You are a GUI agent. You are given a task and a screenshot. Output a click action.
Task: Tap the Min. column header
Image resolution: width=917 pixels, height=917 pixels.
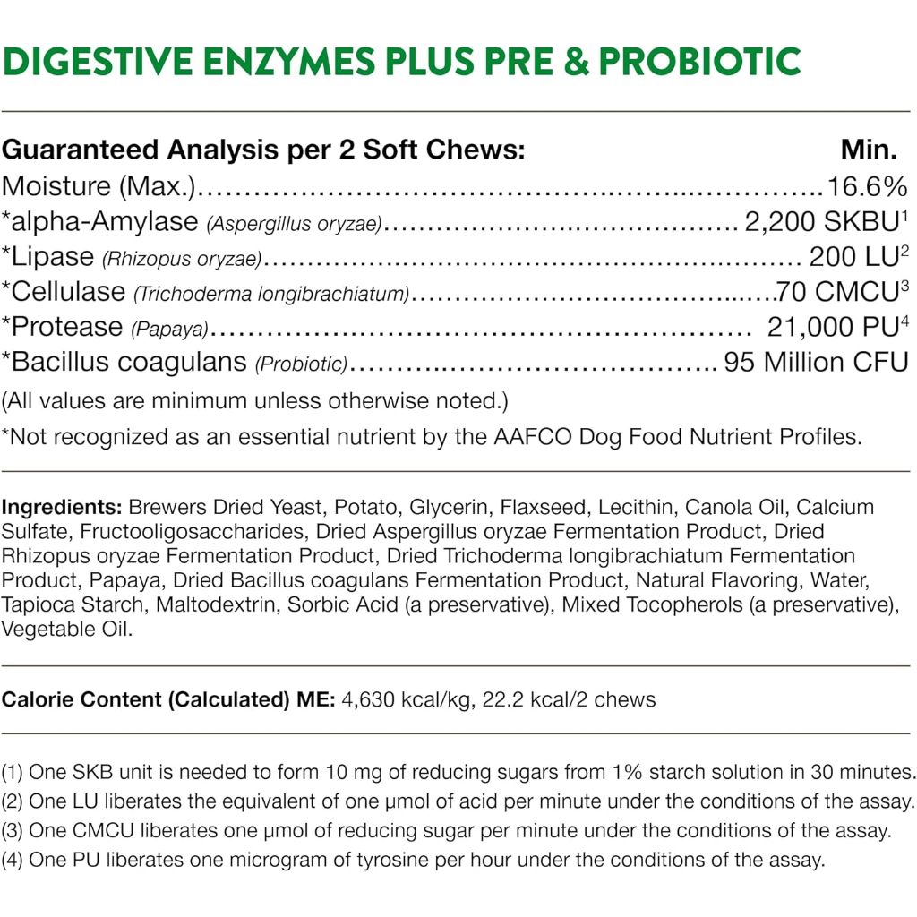tap(868, 149)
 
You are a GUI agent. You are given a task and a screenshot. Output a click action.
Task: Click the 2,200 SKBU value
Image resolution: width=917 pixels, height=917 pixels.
tap(822, 221)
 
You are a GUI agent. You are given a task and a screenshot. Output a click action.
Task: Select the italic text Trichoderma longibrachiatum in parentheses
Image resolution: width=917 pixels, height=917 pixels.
tap(271, 294)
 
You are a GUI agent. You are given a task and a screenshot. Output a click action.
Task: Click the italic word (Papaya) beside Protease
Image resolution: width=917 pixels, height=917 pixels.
tap(169, 329)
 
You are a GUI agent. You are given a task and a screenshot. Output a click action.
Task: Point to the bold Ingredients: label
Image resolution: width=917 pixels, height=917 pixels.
tap(62, 507)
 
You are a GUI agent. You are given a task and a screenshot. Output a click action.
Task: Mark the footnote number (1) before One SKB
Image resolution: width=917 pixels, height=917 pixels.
tap(13, 772)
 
